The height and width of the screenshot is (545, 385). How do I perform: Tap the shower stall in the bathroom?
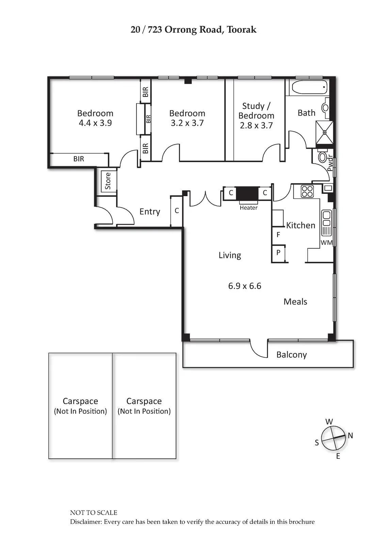324,133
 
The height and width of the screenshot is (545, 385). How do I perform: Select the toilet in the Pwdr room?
322,157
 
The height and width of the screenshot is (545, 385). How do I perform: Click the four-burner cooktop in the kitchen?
307,191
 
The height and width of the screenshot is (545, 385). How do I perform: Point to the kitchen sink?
326,218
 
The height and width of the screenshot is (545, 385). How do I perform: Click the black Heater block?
247,195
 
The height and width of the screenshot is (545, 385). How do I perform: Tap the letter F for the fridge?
278,235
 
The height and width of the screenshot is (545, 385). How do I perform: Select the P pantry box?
278,253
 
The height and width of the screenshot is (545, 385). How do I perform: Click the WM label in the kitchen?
326,243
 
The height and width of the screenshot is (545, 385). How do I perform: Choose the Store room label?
108,181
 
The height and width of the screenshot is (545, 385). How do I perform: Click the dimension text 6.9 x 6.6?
244,286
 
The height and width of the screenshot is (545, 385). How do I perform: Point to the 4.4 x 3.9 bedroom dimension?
95,123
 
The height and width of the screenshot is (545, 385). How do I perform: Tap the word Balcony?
291,355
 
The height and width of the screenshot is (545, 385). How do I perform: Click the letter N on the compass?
350,435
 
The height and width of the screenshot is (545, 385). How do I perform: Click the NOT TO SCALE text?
94,513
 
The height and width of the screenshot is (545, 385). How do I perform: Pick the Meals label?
295,301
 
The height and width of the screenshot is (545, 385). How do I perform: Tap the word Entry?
150,212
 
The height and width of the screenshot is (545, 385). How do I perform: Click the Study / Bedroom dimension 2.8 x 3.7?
256,125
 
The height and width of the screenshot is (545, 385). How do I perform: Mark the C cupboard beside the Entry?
177,211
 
